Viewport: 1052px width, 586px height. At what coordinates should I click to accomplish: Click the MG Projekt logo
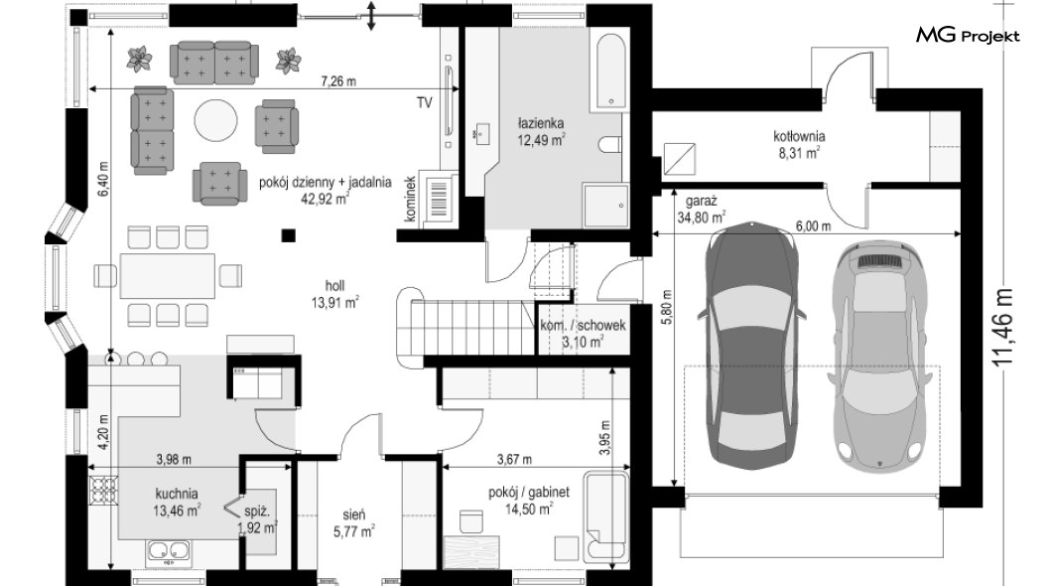pyautogui.click(x=968, y=36)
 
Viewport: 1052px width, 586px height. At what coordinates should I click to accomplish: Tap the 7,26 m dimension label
pyautogui.click(x=338, y=81)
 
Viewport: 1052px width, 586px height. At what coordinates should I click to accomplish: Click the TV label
pyautogui.click(x=424, y=102)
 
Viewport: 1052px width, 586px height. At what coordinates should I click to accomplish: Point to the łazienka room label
pyautogui.click(x=541, y=123)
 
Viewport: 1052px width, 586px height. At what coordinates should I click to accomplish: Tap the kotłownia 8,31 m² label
pyautogui.click(x=799, y=144)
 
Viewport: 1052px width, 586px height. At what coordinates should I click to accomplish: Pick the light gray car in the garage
pyautogui.click(x=879, y=353)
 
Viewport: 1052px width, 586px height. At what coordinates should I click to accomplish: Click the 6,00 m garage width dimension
pyautogui.click(x=813, y=226)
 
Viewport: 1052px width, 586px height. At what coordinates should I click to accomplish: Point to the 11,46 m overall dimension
pyautogui.click(x=1003, y=328)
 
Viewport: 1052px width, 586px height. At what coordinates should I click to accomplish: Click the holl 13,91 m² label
pyautogui.click(x=334, y=295)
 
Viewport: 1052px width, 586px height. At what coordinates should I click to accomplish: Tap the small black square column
pyautogui.click(x=288, y=235)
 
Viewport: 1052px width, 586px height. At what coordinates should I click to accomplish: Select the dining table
pyautogui.click(x=168, y=275)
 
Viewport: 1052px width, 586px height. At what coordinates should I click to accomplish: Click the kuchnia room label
pyautogui.click(x=177, y=495)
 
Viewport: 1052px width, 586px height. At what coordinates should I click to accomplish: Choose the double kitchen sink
pyautogui.click(x=169, y=552)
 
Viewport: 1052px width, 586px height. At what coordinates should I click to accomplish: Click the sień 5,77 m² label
pyautogui.click(x=353, y=522)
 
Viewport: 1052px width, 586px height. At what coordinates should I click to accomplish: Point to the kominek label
pyautogui.click(x=411, y=199)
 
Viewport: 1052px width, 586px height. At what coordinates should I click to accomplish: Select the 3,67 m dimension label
pyautogui.click(x=514, y=460)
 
